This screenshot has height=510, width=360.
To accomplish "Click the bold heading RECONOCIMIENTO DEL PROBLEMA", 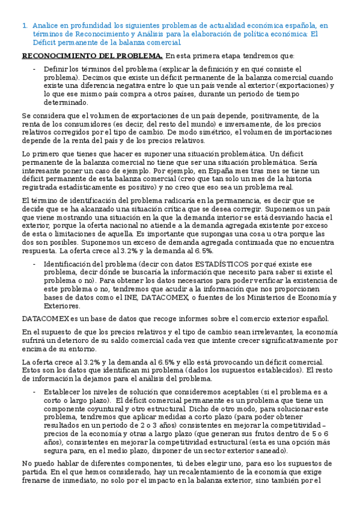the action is (x=92, y=57).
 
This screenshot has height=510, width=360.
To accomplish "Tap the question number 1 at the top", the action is (x=23, y=26).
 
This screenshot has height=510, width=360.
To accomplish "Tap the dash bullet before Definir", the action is (x=34, y=69).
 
